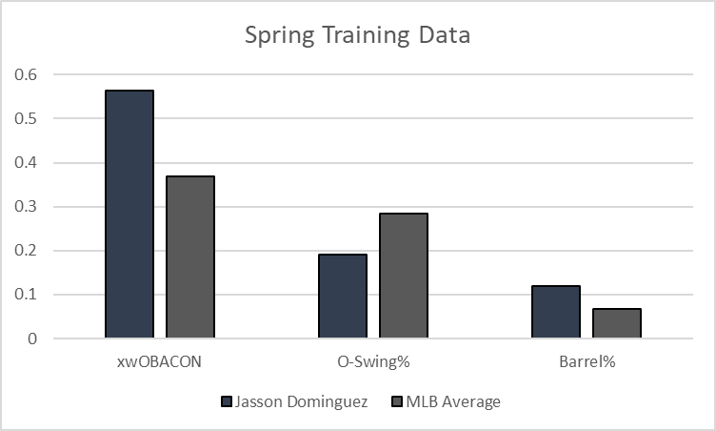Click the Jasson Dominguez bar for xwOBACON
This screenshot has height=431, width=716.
[129, 215]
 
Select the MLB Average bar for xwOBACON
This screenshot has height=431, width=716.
[190, 257]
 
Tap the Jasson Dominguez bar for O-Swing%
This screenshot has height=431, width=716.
[343, 297]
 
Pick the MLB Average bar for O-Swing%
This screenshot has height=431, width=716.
[404, 276]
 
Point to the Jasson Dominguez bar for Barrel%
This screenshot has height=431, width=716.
[556, 312]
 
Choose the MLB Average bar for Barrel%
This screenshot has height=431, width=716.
[617, 323]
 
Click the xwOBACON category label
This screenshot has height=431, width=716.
[160, 363]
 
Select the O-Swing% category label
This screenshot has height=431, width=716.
[373, 363]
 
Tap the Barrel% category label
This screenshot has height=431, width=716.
[587, 363]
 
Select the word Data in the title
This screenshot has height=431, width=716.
[447, 35]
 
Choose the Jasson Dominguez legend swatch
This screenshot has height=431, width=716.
[226, 401]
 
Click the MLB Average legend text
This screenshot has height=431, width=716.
[452, 401]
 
